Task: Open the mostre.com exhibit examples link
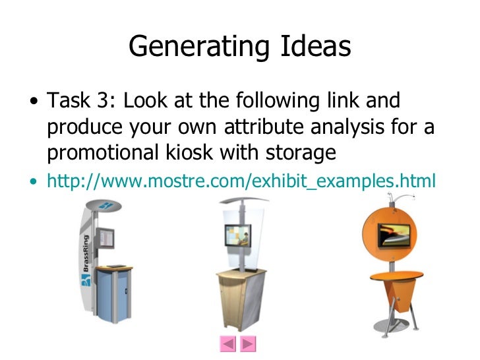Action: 241,180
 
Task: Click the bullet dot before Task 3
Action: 33,104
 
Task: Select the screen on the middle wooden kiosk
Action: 237,235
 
